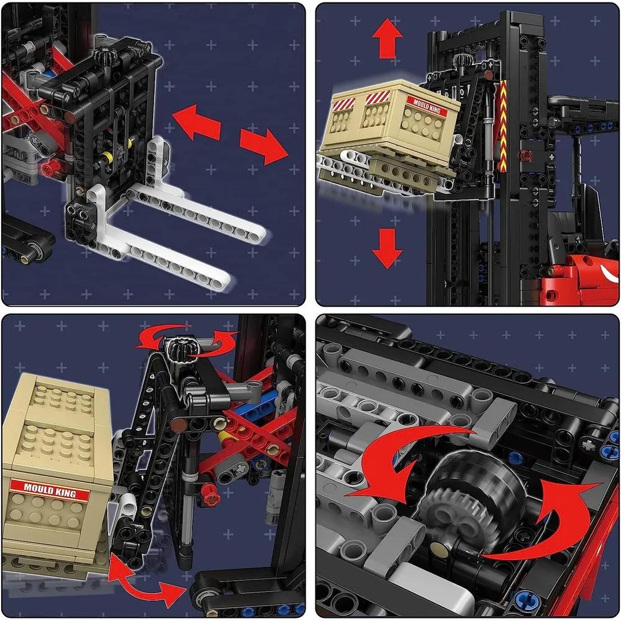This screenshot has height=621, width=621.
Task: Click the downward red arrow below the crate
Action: click(387, 248)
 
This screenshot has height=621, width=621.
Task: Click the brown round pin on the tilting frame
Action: click(178, 425)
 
